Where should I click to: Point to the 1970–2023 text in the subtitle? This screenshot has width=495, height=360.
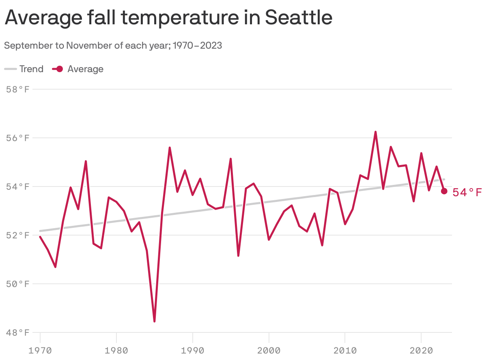(x=197, y=45)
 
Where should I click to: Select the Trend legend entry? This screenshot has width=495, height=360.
(x=24, y=69)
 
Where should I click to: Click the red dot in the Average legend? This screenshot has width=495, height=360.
(x=59, y=69)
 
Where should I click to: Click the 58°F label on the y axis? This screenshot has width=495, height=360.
(x=18, y=89)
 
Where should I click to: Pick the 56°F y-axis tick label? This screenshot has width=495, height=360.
(x=18, y=138)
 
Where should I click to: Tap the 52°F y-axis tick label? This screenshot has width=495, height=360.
(x=18, y=235)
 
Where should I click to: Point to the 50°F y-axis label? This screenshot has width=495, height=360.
(x=18, y=284)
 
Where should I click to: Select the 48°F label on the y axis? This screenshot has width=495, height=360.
(x=18, y=332)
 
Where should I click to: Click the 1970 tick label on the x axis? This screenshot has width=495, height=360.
(x=40, y=349)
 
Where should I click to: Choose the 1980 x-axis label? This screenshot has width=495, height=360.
(x=116, y=349)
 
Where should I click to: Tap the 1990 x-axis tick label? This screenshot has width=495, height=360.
(x=193, y=349)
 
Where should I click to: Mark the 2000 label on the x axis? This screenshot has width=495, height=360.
(x=269, y=349)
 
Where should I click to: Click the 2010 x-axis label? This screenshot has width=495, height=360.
(x=345, y=349)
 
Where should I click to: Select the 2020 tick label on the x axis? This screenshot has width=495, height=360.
(x=421, y=349)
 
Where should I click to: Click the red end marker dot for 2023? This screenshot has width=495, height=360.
(x=444, y=191)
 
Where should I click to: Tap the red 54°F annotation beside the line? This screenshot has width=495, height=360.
(x=467, y=192)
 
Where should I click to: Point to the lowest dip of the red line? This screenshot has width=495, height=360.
(x=155, y=321)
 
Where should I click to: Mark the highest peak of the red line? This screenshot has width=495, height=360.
(x=375, y=132)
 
